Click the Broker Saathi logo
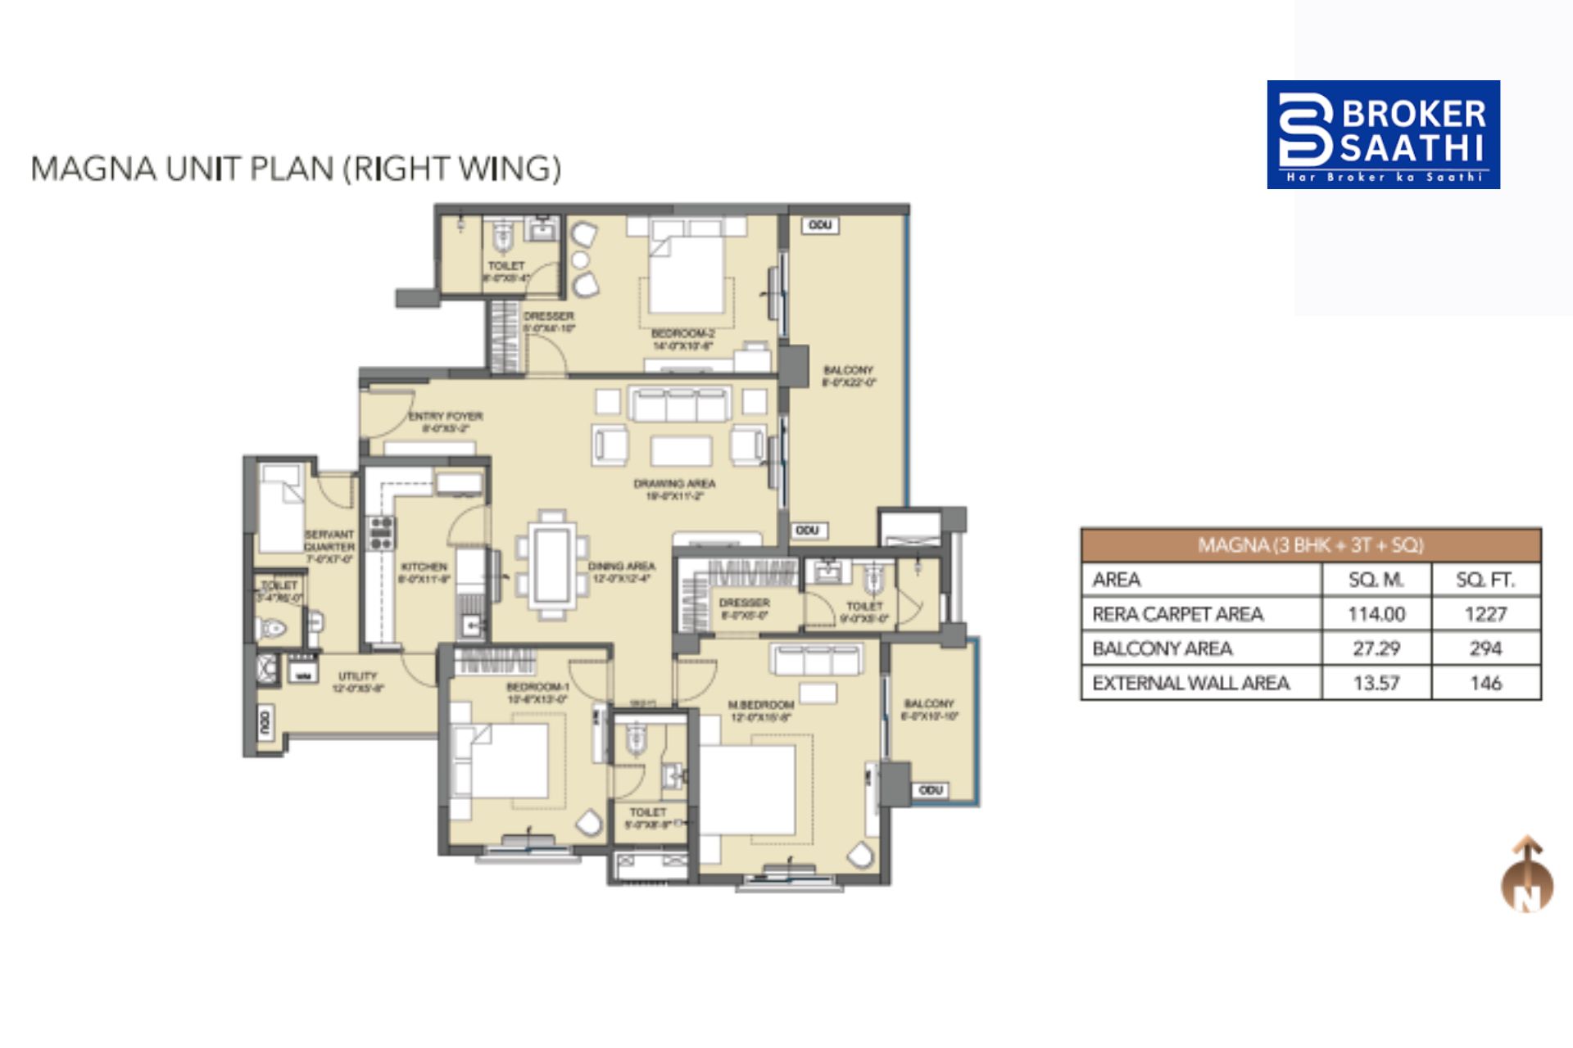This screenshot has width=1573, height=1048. [x=1383, y=134]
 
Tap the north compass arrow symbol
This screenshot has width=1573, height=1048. [x=1527, y=874]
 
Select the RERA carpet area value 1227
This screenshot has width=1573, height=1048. [x=1485, y=614]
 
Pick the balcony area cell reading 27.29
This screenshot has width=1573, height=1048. [x=1376, y=648]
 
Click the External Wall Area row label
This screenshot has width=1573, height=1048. [x=1190, y=683]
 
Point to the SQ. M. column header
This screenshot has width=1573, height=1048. [x=1376, y=580]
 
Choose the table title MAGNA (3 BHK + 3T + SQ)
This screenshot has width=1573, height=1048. [x=1311, y=545]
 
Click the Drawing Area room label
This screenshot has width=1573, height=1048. [x=674, y=484]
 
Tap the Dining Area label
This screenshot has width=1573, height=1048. [x=621, y=567]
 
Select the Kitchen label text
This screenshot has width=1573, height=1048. [x=424, y=567]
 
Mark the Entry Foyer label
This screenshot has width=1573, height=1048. [x=446, y=417]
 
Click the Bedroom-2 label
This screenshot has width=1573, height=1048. [x=682, y=334]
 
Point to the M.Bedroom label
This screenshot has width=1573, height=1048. [x=760, y=705]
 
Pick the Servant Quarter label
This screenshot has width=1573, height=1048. [x=329, y=540]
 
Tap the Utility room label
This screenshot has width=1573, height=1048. [x=357, y=676]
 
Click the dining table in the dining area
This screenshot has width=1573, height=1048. [x=551, y=564]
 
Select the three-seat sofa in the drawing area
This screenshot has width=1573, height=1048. [x=679, y=404]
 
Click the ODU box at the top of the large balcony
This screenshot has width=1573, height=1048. [x=820, y=225]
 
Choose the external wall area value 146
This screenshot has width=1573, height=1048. [x=1485, y=683]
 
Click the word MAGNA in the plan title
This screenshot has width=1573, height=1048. [x=93, y=169]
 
